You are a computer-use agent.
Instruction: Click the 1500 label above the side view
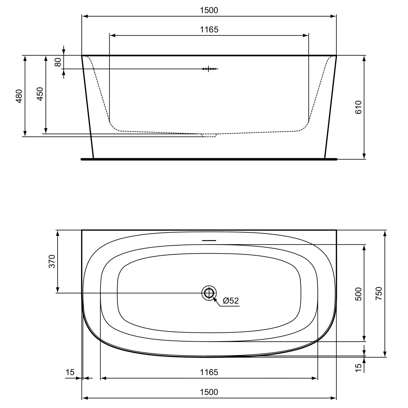(x=209, y=10)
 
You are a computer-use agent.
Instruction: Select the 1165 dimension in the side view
(x=209, y=29)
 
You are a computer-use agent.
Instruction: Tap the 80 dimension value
(x=58, y=62)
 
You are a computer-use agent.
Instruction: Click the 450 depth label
(x=40, y=94)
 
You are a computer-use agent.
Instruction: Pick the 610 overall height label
(x=358, y=107)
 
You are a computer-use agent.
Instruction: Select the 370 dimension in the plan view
(x=52, y=261)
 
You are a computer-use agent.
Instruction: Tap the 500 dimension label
(x=358, y=294)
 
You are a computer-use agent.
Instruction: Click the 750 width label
(x=379, y=293)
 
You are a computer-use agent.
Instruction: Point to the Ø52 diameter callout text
(x=231, y=301)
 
